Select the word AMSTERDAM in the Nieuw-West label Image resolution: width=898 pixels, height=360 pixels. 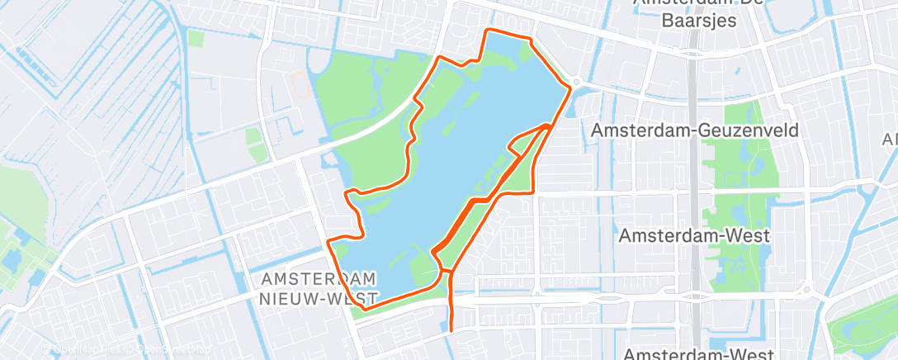pos(318,277)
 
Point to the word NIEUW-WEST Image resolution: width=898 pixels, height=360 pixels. pos(318,297)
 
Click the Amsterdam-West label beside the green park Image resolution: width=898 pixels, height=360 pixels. pos(694,235)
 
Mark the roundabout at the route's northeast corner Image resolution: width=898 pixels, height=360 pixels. pos(576,82)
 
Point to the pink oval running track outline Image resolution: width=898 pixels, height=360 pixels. pos(301,82)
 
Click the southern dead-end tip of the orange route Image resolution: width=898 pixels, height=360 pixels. pos(451,329)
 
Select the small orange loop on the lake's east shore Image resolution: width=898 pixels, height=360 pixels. pos(528,140)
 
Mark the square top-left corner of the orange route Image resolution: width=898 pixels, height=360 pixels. pos(485,31)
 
